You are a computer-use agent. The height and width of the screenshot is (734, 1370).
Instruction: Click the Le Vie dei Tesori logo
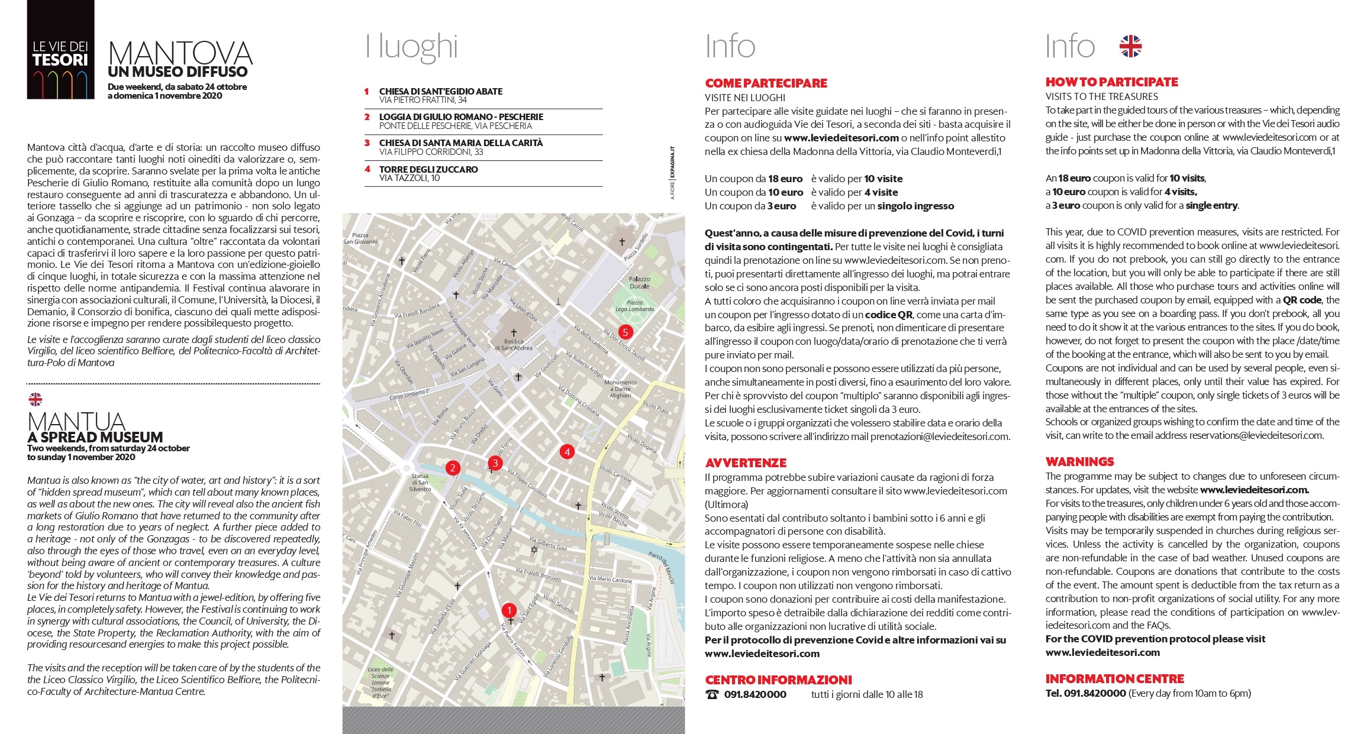60,50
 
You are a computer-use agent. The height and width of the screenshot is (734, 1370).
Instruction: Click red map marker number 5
625,332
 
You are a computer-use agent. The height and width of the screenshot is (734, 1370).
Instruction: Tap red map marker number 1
509,610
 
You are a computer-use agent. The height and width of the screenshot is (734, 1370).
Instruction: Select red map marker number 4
567,452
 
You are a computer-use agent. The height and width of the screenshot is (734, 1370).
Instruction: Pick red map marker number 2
453,468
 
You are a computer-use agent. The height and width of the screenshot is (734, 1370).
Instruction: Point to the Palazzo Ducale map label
639,282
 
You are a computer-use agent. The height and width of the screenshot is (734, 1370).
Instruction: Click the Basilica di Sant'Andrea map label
513,344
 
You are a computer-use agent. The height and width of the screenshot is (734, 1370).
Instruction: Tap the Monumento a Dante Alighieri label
620,389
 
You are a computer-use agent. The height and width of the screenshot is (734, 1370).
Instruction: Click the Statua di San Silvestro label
420,483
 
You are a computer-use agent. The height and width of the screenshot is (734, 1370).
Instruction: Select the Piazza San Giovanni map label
360,238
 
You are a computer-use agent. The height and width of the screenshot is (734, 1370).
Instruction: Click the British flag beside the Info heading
1130,46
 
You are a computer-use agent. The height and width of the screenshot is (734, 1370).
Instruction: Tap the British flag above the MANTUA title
36,399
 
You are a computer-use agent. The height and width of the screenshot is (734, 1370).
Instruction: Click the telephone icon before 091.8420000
713,694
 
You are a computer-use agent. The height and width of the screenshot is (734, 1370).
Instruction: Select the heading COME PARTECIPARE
766,83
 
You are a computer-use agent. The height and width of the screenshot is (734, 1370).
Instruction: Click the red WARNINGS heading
1079,462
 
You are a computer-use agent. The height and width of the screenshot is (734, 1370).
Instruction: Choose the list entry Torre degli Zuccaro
428,170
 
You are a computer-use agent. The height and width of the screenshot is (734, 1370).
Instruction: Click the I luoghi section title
412,47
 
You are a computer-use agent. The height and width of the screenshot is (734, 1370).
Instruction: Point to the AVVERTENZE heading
746,463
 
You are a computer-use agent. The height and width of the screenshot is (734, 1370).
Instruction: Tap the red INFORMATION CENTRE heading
1114,679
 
